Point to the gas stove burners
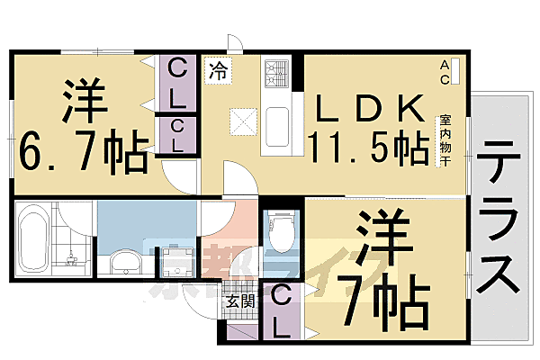[274, 73]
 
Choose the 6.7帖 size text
[81, 154]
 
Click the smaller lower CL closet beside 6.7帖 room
[177, 135]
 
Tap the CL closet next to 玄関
[280, 310]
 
